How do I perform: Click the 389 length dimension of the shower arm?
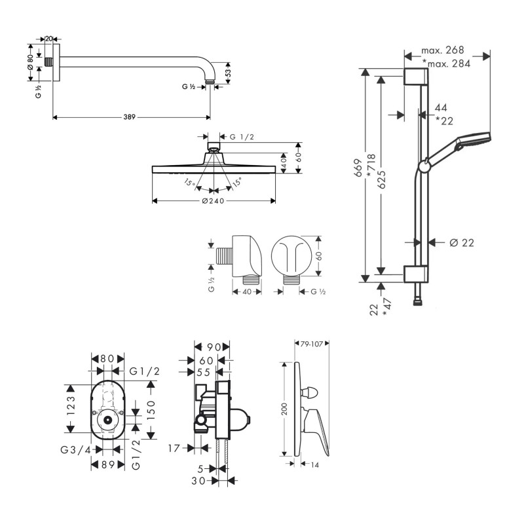[129, 117]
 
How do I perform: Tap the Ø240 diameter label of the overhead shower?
[214, 201]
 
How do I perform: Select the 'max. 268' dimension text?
[443, 50]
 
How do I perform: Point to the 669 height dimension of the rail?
[358, 168]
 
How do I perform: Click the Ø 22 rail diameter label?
[462, 242]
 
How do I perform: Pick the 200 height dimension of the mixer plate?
[284, 409]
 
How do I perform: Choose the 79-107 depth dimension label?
[312, 344]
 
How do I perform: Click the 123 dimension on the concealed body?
[71, 405]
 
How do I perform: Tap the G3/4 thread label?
[76, 450]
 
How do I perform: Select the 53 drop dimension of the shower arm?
[229, 73]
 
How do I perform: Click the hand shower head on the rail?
[474, 140]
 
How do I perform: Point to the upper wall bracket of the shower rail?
[416, 77]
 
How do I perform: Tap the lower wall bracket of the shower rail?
[416, 274]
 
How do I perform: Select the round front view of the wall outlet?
[291, 256]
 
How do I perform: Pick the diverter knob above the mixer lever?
[310, 393]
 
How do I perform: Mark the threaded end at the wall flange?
[48, 62]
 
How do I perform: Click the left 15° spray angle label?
[189, 183]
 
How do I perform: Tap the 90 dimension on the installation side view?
[214, 347]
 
